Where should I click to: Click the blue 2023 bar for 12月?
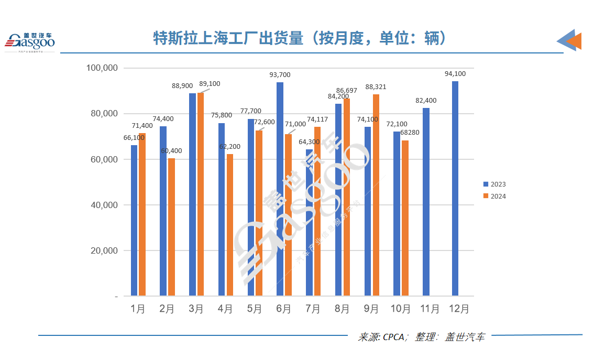point(455,189)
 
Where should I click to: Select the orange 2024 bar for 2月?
point(171,227)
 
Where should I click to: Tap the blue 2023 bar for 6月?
point(280,189)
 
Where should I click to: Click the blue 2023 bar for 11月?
point(426,202)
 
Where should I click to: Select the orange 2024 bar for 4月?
point(230,225)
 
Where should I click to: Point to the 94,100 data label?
point(455,74)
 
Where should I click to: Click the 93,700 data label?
point(280,75)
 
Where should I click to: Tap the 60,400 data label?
point(172,151)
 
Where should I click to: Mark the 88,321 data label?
point(376,87)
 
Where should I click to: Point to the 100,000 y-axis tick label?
point(102,68)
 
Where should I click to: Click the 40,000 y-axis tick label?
point(104,205)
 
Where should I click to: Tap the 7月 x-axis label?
point(313,309)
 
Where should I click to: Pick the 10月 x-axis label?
point(401,309)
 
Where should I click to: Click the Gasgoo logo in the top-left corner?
point(30,42)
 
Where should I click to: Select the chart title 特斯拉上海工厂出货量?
point(228,38)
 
